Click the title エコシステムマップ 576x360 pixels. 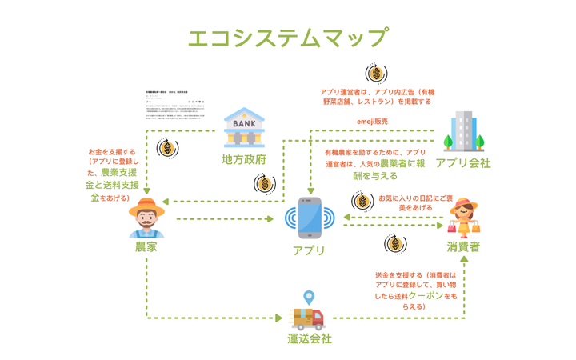pos(288,38)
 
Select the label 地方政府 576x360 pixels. pos(244,159)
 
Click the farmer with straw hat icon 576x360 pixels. pos(146,217)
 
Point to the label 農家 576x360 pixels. pos(146,248)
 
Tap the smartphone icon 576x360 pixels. pos(310,218)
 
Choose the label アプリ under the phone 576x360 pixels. pos(310,250)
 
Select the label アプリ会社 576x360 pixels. pos(463,163)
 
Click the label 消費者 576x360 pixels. pos(464,247)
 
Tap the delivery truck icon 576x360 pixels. pos(309,318)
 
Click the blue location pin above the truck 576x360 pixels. pos(309,298)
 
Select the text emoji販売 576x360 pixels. pos(373,122)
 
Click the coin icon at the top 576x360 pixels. pos(375,74)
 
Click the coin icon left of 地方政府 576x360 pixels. pos(167,148)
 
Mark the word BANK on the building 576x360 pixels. pos(245,124)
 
